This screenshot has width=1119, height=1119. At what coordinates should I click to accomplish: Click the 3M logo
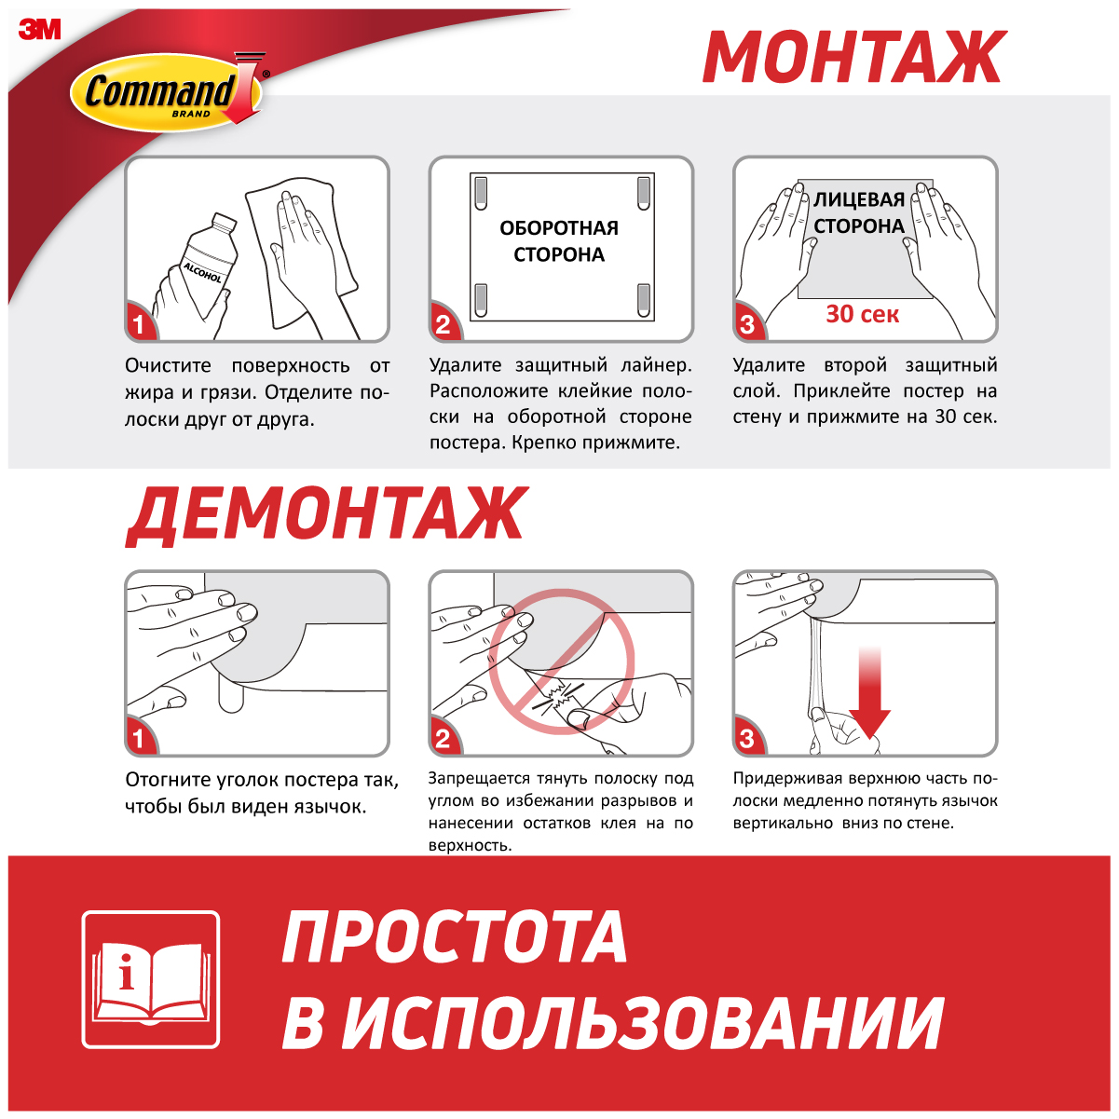pyautogui.click(x=39, y=29)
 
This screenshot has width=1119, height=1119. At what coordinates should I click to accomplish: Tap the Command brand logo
pyautogui.click(x=170, y=90)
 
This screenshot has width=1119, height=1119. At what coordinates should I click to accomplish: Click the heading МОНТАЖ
pyautogui.click(x=853, y=57)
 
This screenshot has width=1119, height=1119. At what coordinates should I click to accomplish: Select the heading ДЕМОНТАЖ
pyautogui.click(x=326, y=514)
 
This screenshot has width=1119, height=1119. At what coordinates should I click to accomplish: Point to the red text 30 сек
pyautogui.click(x=863, y=314)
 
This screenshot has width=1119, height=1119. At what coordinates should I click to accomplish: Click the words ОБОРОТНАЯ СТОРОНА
pyautogui.click(x=559, y=241)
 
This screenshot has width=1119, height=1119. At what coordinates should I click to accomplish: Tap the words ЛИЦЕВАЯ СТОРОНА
pyautogui.click(x=859, y=212)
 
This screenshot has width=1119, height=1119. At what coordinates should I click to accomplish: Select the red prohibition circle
pyautogui.click(x=562, y=662)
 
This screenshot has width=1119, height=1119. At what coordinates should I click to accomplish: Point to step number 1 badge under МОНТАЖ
pyautogui.click(x=140, y=323)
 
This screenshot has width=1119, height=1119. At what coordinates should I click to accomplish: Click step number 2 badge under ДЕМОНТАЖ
pyautogui.click(x=444, y=738)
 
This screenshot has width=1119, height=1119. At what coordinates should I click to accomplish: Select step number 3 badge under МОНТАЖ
pyautogui.click(x=748, y=323)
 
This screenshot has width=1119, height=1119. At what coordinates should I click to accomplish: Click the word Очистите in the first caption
pyautogui.click(x=168, y=366)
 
